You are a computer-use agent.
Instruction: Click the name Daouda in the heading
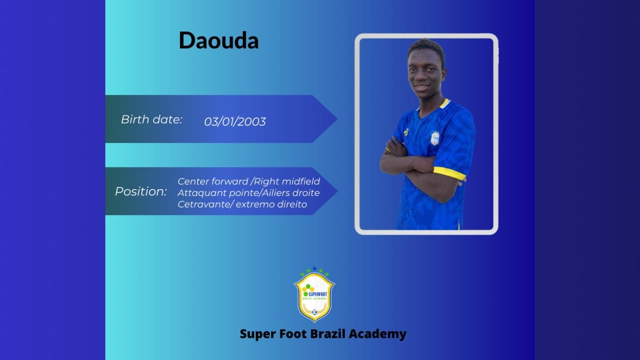click(218, 40)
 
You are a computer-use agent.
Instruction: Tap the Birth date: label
click(151, 119)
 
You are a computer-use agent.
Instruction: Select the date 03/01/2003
click(235, 121)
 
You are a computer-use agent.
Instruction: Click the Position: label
click(141, 191)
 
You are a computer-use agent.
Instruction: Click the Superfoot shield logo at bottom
click(314, 295)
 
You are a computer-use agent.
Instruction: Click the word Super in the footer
click(256, 334)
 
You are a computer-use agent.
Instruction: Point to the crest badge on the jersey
click(435, 138)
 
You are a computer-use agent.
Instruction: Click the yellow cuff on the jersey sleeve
click(449, 172)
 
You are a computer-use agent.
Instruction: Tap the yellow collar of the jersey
click(444, 103)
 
